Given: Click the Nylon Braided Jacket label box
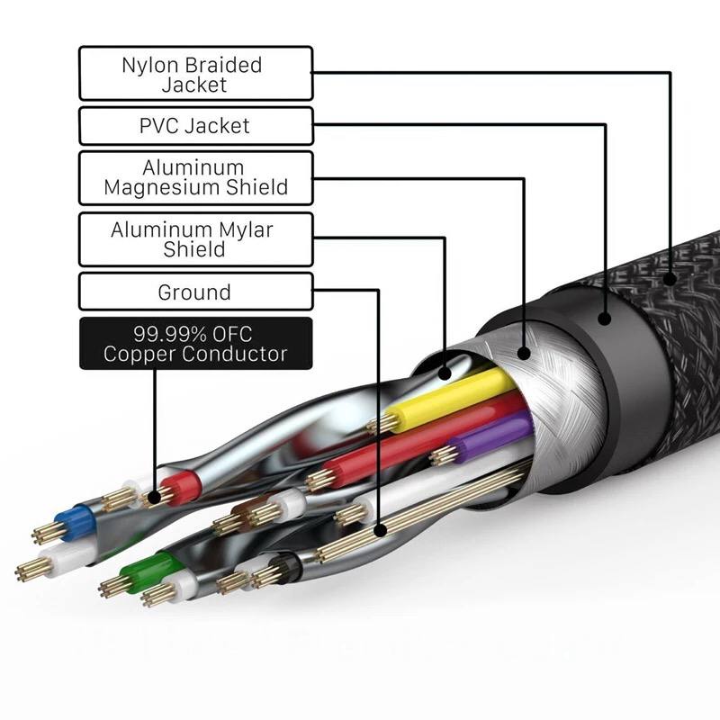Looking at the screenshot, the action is coord(196,74).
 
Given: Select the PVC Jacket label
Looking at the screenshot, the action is coord(196,126).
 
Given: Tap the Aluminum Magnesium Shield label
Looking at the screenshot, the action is coord(196,178).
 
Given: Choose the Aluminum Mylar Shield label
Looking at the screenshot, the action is coord(196,239).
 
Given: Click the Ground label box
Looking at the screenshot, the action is coord(196,292).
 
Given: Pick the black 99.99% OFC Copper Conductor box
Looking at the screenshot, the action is coord(196,344).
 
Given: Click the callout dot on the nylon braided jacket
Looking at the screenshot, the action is coord(670,279).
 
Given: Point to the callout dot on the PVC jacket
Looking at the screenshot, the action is coord(605,319).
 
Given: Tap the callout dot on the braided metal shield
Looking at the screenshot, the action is coord(524,353).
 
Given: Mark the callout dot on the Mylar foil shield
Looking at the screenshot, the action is coord(444,373).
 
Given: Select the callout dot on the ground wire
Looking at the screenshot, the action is coord(380,531).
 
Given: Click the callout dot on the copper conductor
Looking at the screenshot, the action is coord(155,497).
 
